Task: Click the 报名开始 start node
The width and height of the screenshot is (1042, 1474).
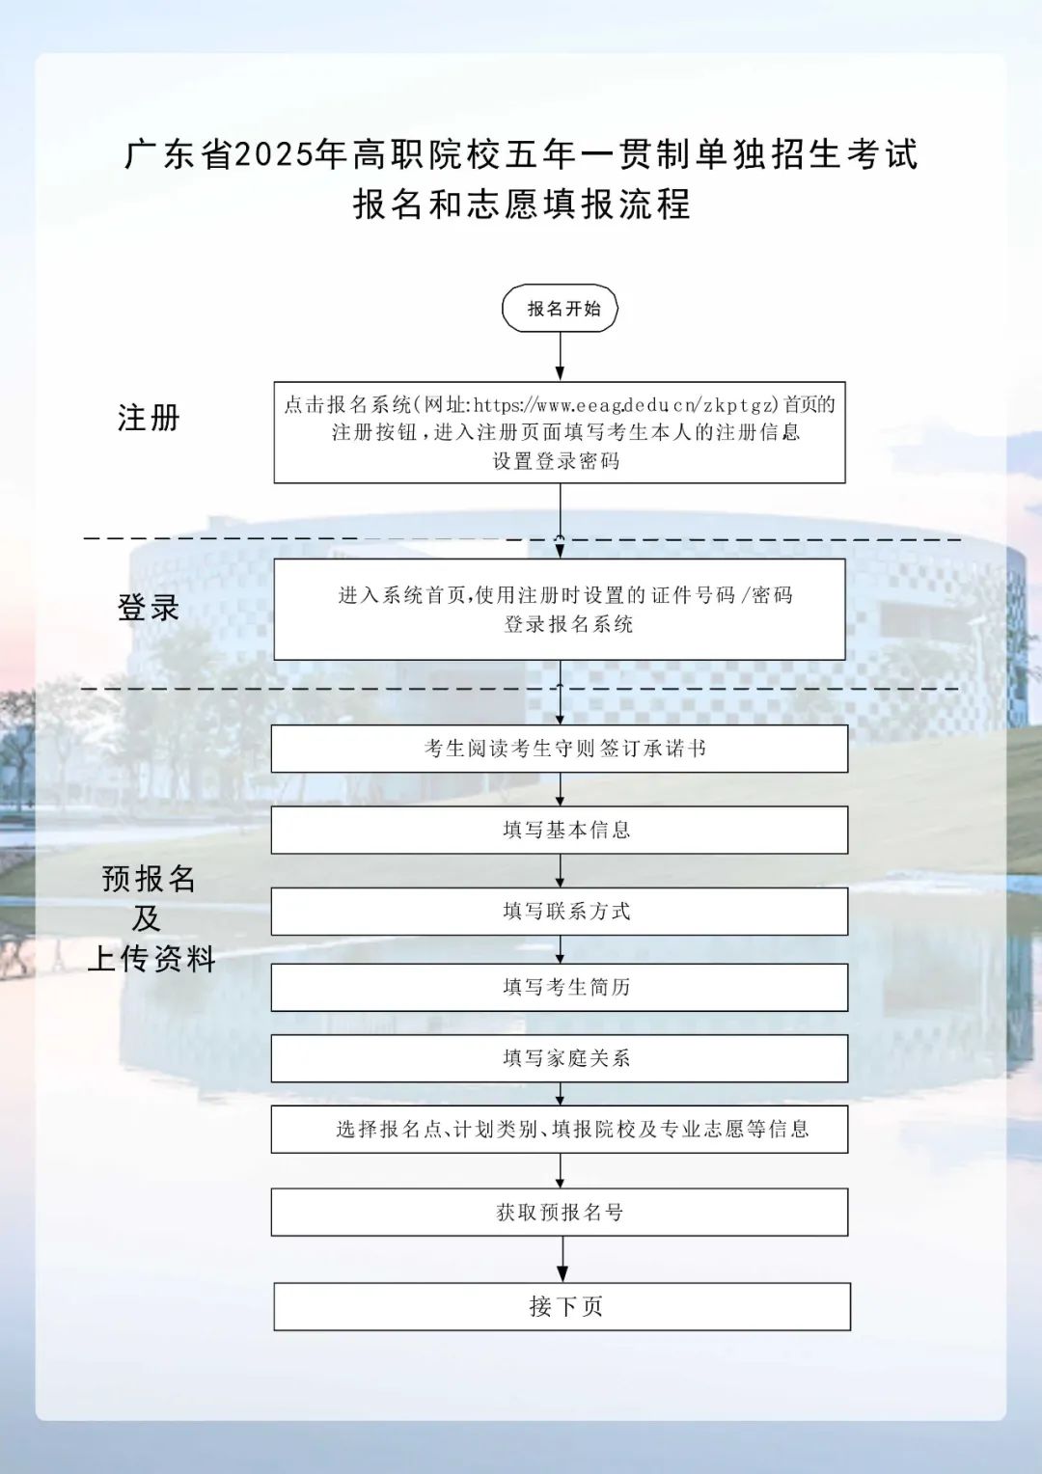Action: click(x=560, y=308)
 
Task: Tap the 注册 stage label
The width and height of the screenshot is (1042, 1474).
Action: click(x=149, y=418)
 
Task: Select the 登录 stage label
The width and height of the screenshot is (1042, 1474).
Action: click(x=149, y=607)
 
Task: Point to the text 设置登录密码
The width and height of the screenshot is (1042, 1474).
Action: click(x=557, y=461)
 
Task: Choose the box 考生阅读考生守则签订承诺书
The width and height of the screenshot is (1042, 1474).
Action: click(x=560, y=749)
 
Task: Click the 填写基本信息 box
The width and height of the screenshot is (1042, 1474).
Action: click(x=560, y=830)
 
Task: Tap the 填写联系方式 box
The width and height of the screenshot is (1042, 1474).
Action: click(x=560, y=912)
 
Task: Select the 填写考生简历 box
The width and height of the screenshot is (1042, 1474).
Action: click(x=560, y=987)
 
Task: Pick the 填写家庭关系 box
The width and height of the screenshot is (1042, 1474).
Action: click(x=560, y=1058)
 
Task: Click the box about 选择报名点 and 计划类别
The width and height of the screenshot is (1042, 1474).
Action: click(x=560, y=1130)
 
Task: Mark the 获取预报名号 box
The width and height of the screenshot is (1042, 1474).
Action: click(x=560, y=1213)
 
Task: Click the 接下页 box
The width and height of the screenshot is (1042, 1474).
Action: click(x=562, y=1306)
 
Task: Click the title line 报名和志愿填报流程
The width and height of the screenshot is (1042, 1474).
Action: click(x=521, y=204)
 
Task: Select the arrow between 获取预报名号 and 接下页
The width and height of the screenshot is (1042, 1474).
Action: click(x=562, y=1259)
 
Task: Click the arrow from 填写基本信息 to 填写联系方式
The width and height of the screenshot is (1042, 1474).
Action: click(x=561, y=870)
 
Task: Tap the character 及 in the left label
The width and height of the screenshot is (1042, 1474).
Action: click(x=148, y=918)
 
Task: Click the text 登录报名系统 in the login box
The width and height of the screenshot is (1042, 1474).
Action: click(x=568, y=623)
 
